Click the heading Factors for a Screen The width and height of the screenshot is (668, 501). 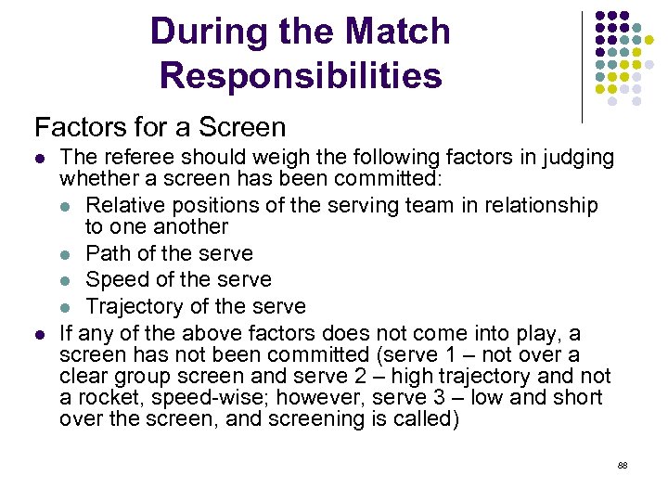coord(160,126)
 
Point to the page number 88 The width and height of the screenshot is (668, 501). coord(623,464)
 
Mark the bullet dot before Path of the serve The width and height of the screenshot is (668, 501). coord(71,254)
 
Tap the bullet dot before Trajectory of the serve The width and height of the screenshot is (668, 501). coord(71,307)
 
